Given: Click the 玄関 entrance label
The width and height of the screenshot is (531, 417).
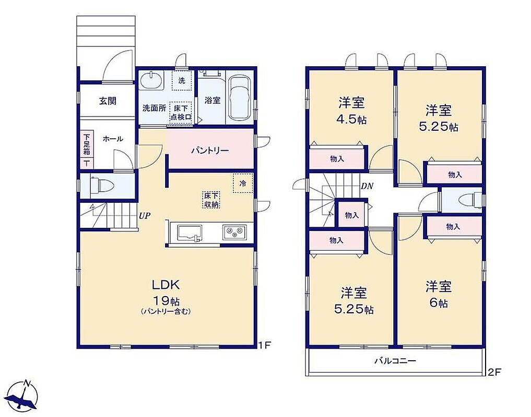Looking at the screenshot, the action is point(108,101).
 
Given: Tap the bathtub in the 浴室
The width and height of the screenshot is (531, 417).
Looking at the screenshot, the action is point(240,98).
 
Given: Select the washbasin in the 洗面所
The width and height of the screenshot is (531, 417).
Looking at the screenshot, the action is point(151,81).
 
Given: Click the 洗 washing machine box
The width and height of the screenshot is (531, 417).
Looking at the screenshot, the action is point(182,80).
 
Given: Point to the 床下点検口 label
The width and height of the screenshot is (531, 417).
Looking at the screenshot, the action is point(181,113).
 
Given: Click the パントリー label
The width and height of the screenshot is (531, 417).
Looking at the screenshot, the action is point(209,151).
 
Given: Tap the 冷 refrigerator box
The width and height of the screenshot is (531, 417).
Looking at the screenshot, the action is point(243,183).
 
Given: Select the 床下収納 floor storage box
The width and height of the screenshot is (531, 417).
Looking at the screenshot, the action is point(211,200).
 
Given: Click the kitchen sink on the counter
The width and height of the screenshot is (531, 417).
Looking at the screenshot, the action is point(190,234).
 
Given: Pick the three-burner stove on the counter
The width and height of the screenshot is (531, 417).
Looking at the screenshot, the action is point(234,232).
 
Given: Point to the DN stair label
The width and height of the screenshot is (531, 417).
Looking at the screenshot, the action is point(367,186).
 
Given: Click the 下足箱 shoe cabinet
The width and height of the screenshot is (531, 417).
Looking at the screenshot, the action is point(87,149).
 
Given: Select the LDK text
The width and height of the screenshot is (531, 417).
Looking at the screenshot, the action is point(166,285).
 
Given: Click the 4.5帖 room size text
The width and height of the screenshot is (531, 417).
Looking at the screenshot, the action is point(352,119).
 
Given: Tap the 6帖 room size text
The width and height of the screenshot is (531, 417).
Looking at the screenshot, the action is point(439,303).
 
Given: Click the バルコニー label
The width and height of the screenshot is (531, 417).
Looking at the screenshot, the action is point(395,361).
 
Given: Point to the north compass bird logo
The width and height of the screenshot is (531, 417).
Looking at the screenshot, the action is point(22,397).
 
